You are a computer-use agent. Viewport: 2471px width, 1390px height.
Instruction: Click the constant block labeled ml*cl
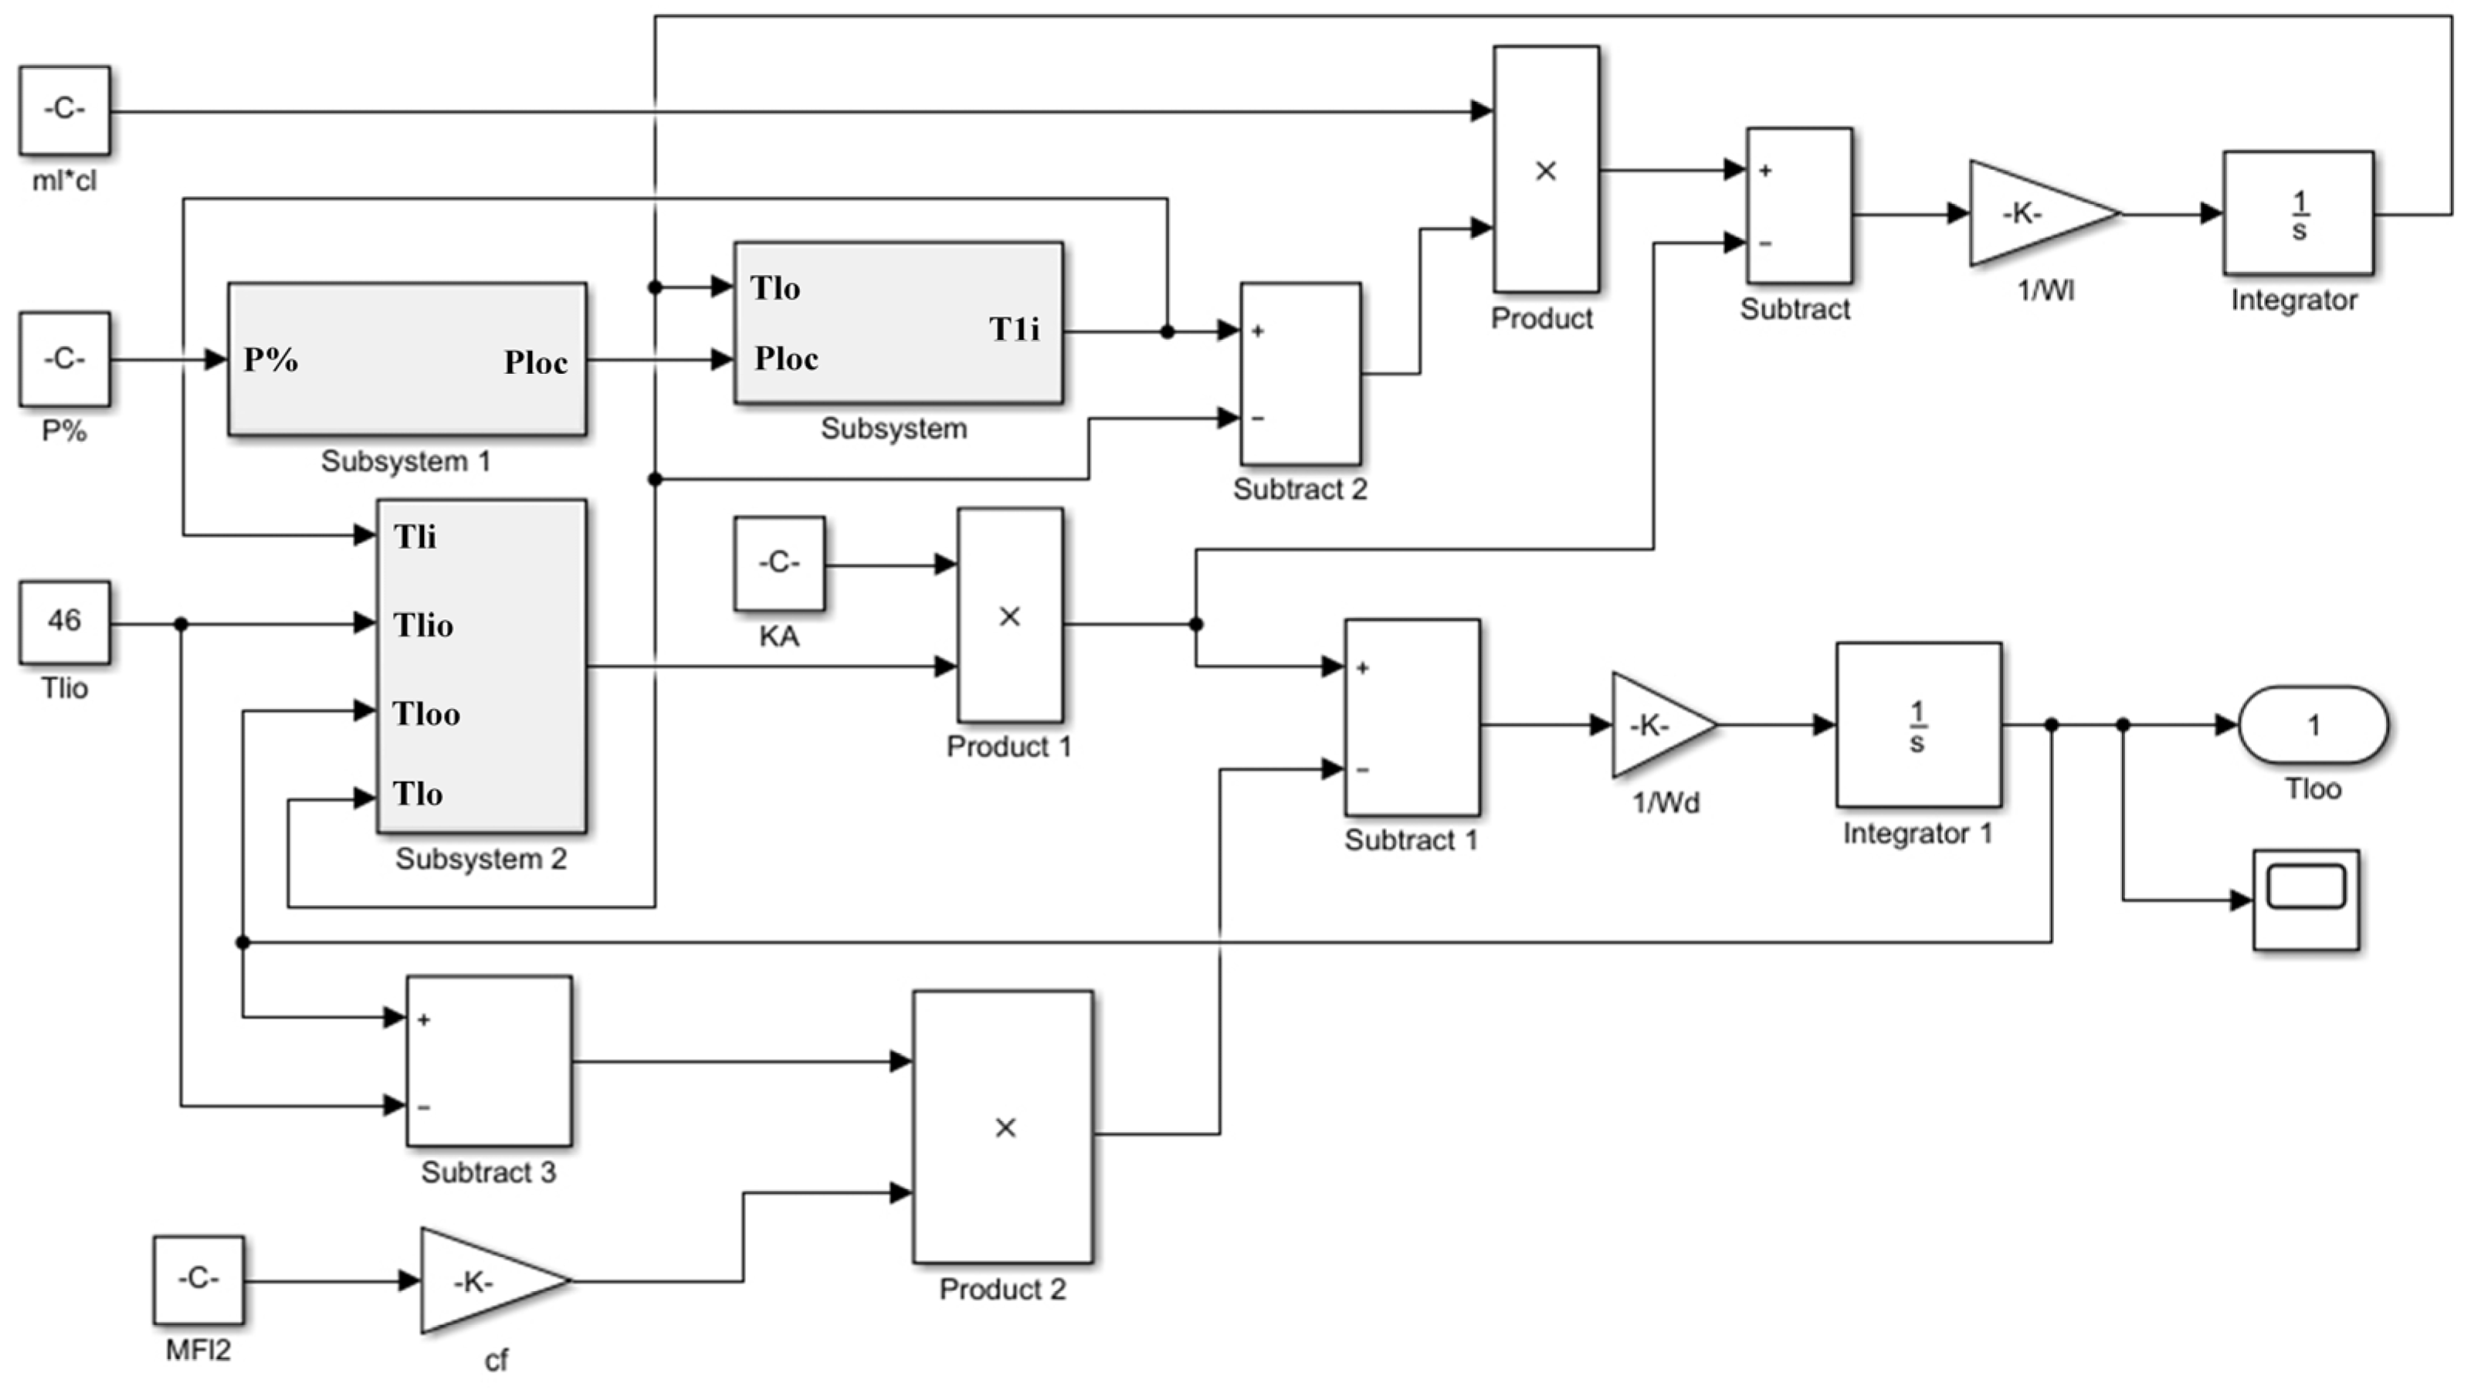click(64, 110)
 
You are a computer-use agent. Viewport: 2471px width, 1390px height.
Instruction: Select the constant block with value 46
click(64, 622)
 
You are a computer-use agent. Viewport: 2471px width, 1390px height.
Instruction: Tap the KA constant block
click(779, 563)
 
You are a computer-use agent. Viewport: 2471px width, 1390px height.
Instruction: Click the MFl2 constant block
click(198, 1280)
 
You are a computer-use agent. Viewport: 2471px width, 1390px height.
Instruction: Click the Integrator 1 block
click(1918, 725)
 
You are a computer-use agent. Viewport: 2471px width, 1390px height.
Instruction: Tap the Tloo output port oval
click(2313, 725)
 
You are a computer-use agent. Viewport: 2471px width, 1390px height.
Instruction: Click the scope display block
click(2305, 899)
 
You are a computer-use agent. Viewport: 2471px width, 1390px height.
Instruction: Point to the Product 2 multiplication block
click(1002, 1127)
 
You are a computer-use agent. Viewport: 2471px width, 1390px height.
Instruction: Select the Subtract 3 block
click(490, 1061)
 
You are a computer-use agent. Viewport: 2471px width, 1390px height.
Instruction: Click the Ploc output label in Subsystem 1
click(535, 363)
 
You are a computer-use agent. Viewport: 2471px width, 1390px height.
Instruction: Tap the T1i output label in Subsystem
click(1014, 329)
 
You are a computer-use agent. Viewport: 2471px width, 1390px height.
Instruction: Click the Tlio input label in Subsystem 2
click(423, 625)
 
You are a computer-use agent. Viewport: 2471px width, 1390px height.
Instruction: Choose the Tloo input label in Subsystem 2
click(426, 714)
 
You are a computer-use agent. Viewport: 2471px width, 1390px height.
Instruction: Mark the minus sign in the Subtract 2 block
click(1258, 419)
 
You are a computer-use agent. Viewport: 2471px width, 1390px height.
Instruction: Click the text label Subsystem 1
click(405, 462)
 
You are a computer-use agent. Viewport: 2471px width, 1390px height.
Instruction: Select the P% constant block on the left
click(64, 360)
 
